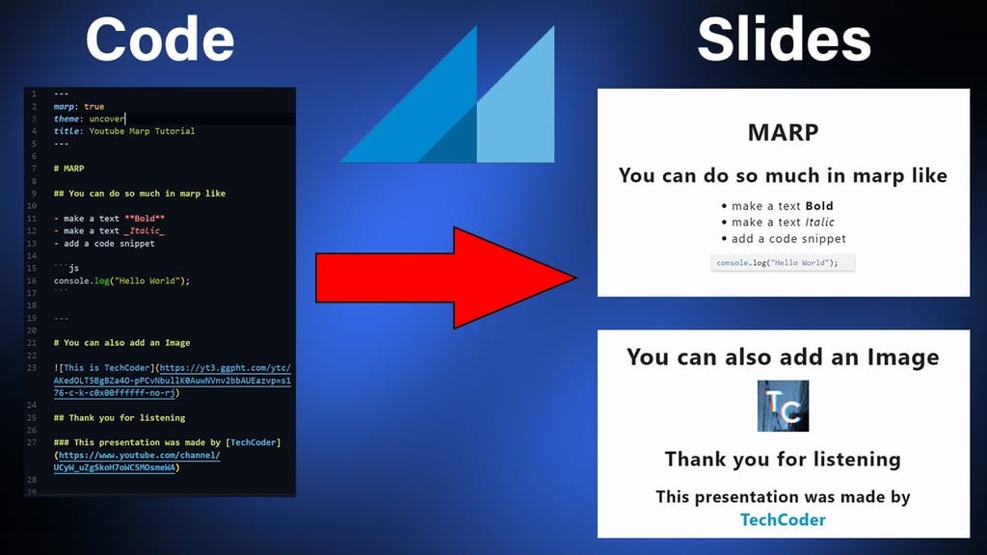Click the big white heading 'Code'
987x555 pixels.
tap(159, 40)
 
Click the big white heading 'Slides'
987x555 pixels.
tap(784, 40)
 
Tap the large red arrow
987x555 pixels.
tap(446, 277)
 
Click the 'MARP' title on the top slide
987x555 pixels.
tap(783, 133)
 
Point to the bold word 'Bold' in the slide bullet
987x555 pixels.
tap(819, 205)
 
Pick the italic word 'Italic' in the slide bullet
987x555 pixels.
tap(819, 222)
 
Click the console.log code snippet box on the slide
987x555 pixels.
tap(783, 263)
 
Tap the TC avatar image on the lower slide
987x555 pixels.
tap(783, 406)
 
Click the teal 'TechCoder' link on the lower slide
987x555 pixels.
tap(783, 519)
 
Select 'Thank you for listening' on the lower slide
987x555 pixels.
tap(783, 459)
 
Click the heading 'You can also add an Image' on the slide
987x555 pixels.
tap(783, 357)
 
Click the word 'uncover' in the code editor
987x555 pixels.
tap(106, 119)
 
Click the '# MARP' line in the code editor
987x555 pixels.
tap(68, 168)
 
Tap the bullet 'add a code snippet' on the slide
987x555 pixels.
tap(788, 238)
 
